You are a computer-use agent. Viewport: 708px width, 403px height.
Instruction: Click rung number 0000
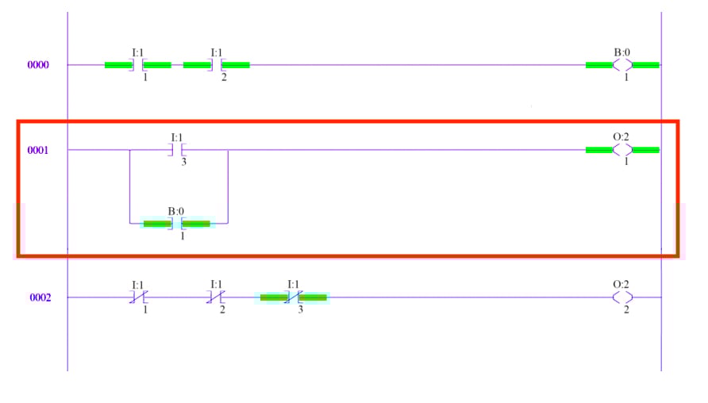pos(39,65)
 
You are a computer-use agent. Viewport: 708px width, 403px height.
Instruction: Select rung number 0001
pos(39,150)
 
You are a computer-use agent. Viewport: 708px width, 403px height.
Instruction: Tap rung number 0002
pos(39,297)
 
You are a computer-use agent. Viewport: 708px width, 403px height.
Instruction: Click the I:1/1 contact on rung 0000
pos(137,65)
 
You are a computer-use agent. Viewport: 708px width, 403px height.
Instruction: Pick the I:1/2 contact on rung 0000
pos(216,65)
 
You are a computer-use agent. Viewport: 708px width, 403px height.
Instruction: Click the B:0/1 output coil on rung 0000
pos(622,65)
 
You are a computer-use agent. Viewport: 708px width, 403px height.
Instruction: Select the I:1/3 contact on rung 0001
pos(177,150)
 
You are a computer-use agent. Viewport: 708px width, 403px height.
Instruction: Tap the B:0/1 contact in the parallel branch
pos(176,224)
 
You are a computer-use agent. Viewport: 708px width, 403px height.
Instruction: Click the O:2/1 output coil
pos(622,150)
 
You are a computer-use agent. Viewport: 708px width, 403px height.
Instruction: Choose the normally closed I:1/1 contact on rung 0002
pos(137,297)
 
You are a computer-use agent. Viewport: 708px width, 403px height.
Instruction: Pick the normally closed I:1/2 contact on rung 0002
pos(216,297)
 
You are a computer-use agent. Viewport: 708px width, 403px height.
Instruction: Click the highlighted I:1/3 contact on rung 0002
pos(294,297)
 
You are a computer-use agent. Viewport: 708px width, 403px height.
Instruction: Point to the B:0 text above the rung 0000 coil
pos(622,52)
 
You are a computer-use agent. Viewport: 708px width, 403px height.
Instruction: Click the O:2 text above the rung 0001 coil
pos(621,136)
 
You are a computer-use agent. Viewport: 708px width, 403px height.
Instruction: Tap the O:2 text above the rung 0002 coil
pos(621,284)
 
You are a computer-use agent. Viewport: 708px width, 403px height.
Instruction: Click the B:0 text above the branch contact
pos(176,211)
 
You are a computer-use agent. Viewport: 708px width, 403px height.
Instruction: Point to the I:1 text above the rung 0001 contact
pos(177,136)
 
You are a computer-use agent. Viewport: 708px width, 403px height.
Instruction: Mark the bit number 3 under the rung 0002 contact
pos(300,309)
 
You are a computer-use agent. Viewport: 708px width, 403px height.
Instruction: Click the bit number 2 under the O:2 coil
pos(626,309)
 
